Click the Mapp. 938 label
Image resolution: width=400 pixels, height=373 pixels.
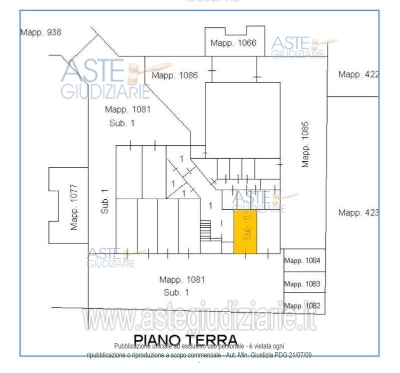click(x=40, y=32)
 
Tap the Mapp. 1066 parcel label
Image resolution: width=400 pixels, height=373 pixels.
click(x=233, y=43)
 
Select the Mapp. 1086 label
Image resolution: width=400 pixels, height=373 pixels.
click(x=175, y=76)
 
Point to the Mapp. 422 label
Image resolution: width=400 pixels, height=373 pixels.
click(x=358, y=75)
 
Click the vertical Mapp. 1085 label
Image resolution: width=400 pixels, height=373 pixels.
click(x=306, y=144)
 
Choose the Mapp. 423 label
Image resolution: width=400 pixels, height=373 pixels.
click(x=358, y=213)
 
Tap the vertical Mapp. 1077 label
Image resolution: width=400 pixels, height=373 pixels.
click(x=74, y=207)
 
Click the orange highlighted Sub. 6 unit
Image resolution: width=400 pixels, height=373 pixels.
click(x=245, y=232)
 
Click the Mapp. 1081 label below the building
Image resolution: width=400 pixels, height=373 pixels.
click(x=182, y=280)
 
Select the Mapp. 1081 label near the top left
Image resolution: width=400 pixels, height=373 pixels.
click(x=127, y=109)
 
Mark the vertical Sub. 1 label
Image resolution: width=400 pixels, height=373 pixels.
click(x=104, y=201)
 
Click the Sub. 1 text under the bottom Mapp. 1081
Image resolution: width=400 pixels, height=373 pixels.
click(x=176, y=292)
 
